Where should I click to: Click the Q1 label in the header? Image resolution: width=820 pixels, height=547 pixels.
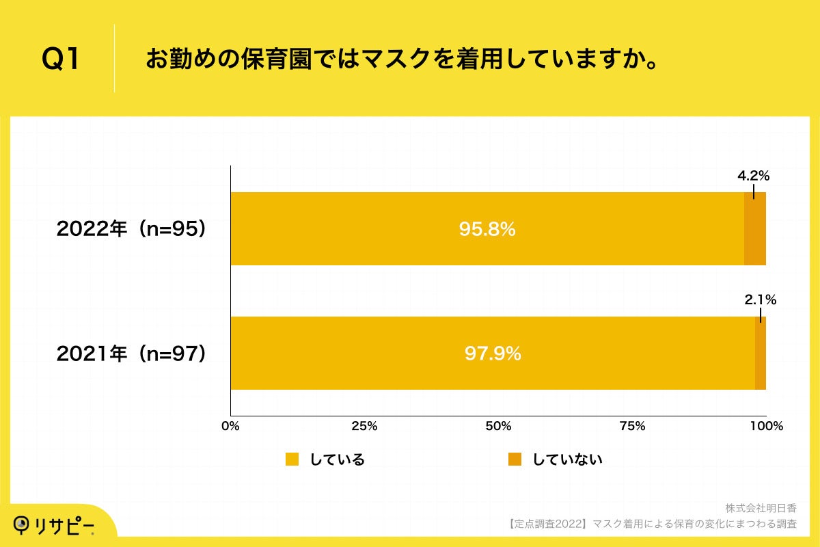click(x=61, y=60)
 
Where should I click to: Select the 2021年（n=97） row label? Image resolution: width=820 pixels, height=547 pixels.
click(x=131, y=353)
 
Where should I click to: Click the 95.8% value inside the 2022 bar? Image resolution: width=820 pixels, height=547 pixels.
click(x=487, y=230)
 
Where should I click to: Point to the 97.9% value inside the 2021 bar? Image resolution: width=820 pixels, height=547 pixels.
click(x=493, y=353)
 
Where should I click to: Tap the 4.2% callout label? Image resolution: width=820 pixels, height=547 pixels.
click(x=753, y=176)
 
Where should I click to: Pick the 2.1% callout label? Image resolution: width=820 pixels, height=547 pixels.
click(x=760, y=299)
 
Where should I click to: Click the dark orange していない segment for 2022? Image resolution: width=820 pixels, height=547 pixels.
click(x=754, y=229)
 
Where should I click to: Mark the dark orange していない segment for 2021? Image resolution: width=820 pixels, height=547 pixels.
click(x=760, y=353)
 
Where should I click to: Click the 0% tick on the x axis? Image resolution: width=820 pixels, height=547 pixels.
click(x=231, y=427)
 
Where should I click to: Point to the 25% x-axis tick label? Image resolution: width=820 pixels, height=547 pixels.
click(x=364, y=427)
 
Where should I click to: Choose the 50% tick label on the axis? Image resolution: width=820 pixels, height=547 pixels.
click(x=498, y=427)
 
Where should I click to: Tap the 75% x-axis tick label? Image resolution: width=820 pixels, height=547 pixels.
click(x=632, y=427)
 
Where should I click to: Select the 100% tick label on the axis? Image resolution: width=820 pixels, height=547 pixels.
click(x=766, y=427)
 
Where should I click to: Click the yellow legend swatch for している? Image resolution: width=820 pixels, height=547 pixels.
click(x=292, y=459)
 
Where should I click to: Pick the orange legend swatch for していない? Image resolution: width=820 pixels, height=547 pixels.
click(x=515, y=459)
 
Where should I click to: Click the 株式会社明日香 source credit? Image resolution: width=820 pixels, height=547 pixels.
click(x=761, y=508)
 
